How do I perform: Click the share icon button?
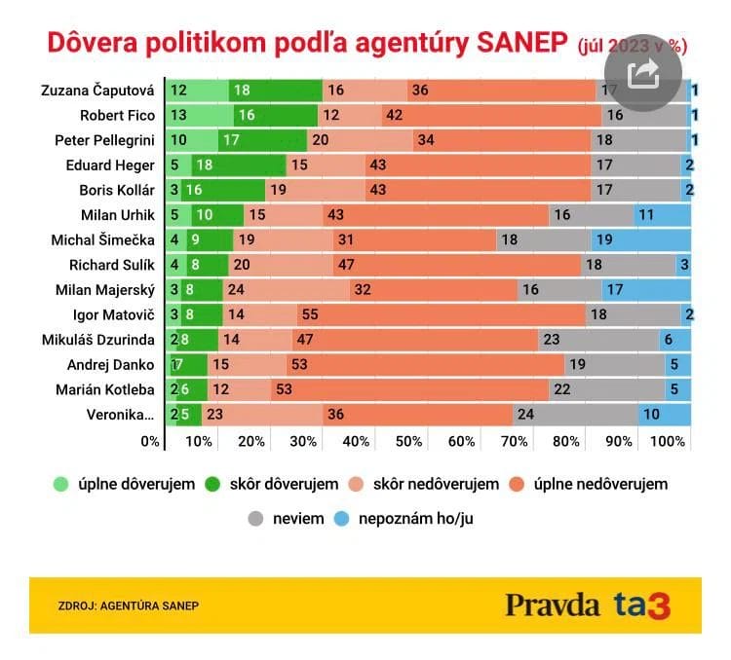pos(643,74)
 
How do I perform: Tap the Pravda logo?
pos(552,605)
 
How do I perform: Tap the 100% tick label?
pos(668,441)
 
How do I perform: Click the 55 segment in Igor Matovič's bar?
pos(442,312)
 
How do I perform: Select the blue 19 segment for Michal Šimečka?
pos(640,239)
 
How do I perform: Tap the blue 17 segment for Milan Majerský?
pos(645,289)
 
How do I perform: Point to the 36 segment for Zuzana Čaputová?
pos(501,90)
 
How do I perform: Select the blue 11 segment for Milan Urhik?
pos(662,214)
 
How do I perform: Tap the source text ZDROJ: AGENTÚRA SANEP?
pos(129,605)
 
